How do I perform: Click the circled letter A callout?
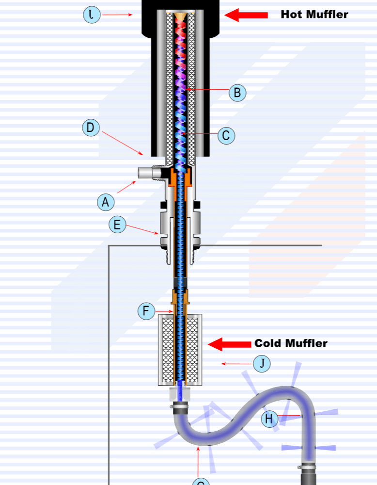pos(105,201)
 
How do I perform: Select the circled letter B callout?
pos(237,93)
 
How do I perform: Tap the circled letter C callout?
pos(226,135)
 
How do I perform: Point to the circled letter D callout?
pos(91,128)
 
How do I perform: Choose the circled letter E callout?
pos(117,225)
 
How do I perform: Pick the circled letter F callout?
pos(146,311)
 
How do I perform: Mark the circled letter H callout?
pos(269,419)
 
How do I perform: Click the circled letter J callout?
pos(262,363)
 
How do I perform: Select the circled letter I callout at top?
pos(92,15)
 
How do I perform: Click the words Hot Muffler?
pos(314,15)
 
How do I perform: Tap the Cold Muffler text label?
pos(291,343)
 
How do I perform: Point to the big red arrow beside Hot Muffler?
pos(246,15)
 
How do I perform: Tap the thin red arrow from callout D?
pos(124,143)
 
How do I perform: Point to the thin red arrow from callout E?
pos(142,229)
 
